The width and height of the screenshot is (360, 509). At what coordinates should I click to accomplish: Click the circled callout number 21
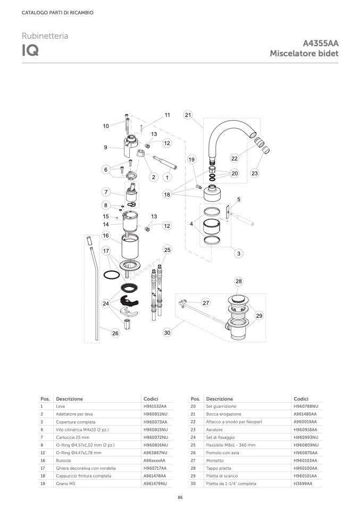point(188,115)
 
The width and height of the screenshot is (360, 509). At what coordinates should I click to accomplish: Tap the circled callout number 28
point(239,281)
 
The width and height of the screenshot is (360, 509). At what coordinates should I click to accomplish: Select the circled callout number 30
point(167,333)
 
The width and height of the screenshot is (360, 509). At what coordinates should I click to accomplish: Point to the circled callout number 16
point(106,236)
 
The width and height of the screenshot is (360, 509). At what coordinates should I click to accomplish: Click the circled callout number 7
point(106,192)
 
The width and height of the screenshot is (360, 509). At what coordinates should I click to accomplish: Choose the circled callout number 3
point(239,253)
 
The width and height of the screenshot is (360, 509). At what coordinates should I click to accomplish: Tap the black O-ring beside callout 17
point(112,275)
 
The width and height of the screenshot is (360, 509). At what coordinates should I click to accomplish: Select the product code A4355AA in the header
point(321,43)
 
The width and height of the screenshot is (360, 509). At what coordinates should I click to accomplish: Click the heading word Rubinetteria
point(45,36)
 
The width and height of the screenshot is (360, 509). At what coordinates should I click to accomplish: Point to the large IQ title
point(30,50)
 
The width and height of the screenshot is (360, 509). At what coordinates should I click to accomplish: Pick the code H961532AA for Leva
point(155,406)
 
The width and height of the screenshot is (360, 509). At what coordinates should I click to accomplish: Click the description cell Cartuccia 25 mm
point(72,437)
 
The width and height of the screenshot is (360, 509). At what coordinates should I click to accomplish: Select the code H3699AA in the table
point(303,483)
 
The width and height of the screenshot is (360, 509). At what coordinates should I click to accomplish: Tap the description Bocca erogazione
point(223,414)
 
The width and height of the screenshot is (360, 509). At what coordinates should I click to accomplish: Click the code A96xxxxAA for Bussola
point(154,460)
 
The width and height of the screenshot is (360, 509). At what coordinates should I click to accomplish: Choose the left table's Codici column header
point(151,398)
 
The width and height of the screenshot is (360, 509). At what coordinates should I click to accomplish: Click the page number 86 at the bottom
point(180,497)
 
